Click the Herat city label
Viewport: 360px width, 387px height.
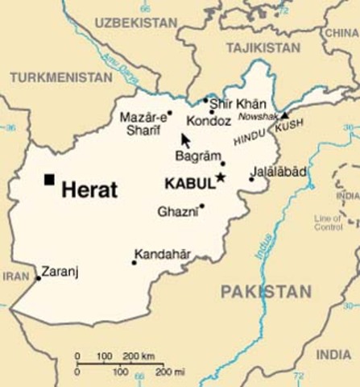(89, 190)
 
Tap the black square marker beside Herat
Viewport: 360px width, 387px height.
(50, 179)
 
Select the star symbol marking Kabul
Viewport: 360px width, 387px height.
(220, 177)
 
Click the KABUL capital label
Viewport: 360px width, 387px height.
(189, 184)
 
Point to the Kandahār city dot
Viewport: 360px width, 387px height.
(134, 262)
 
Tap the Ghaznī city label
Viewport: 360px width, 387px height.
(178, 211)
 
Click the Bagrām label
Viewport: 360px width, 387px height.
(197, 155)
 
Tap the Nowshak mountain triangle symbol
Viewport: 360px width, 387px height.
(283, 115)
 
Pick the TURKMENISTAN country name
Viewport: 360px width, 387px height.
(61, 77)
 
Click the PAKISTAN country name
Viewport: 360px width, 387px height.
(266, 291)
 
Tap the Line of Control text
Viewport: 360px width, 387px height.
(328, 223)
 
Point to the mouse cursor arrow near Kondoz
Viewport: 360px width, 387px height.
(185, 139)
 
